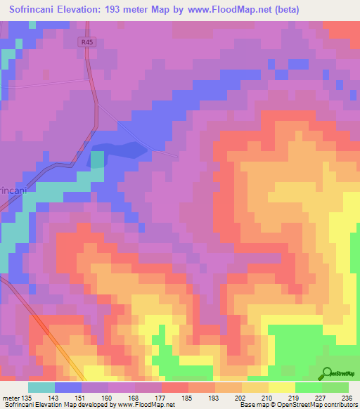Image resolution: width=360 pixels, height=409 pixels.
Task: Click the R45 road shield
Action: point(86,42)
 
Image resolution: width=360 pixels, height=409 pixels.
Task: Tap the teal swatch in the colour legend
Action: point(41,387)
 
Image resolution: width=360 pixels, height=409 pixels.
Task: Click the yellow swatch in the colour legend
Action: point(281,387)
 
